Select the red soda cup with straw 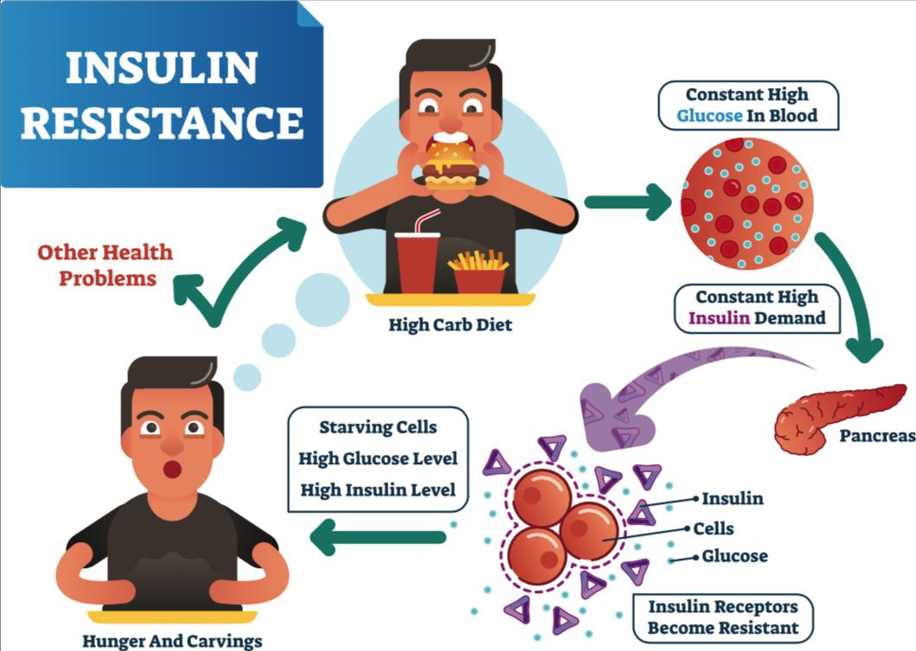pos(418,259)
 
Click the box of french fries pos(478,273)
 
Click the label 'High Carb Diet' pos(450,325)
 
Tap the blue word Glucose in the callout pos(709,115)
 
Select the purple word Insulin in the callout pos(717,317)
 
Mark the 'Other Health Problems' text pos(105,265)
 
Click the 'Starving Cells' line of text pos(377,427)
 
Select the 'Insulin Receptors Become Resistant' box pos(723,616)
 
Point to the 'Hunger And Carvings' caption pos(172,641)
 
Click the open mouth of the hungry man pos(173,469)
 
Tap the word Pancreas pos(876,436)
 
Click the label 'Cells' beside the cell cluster pos(714,528)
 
